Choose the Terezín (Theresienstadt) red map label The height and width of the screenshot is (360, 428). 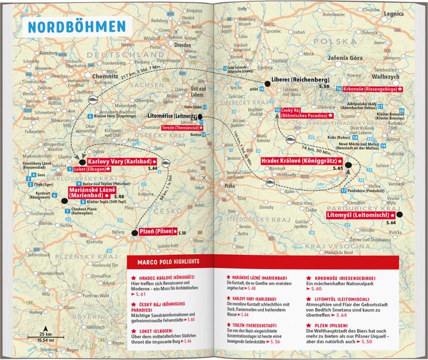(183, 128)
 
